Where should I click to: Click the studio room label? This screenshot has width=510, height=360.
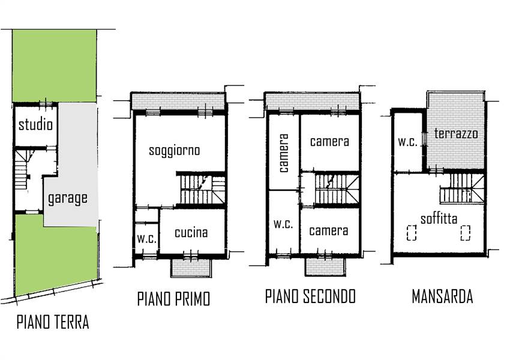pos(35,125)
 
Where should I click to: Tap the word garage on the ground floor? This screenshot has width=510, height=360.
pos(68,199)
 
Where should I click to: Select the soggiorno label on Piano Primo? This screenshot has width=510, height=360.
pos(175,151)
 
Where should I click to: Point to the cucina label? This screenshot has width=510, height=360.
pos(191,233)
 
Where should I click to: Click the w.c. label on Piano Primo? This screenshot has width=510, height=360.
pos(147,239)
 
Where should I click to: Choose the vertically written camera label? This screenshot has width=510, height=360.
pos(283,153)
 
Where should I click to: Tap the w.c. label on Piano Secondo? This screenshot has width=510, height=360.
pos(283,224)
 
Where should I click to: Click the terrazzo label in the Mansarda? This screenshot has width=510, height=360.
pos(456,133)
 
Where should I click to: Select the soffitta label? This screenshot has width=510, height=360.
pos(439,218)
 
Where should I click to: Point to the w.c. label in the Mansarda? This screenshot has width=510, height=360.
pos(407,142)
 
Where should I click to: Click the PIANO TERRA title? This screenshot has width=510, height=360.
pos(53,322)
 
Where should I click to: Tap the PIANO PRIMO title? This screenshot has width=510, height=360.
pos(173,299)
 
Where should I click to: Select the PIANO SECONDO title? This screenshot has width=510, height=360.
pos(310,296)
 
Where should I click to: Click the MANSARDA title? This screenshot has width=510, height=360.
pos(442,296)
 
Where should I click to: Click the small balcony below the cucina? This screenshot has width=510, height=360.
pos(191,268)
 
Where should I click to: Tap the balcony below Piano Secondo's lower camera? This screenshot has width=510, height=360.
pos(325,268)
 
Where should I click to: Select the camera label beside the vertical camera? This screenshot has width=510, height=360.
pos(329,142)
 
